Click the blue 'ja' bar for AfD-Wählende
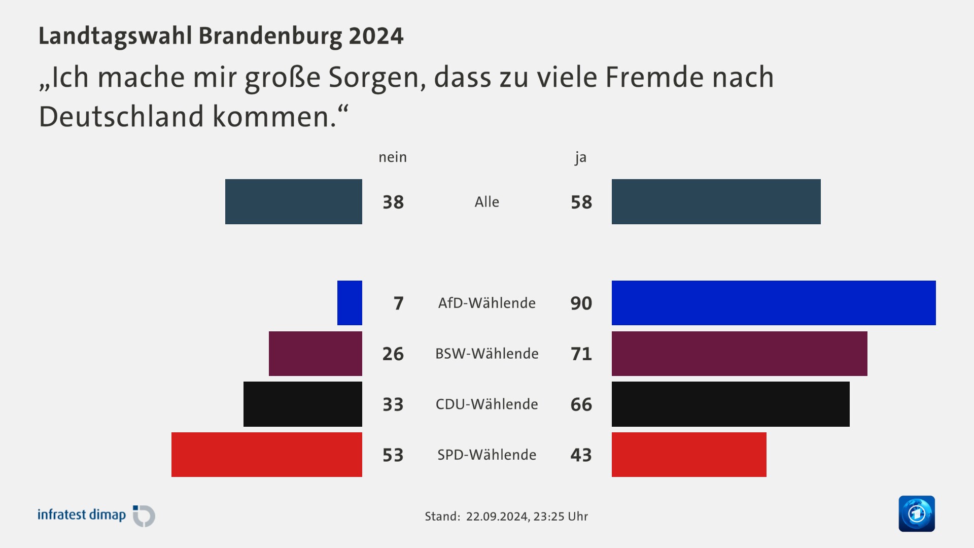[774, 303]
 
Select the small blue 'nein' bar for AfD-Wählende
[350, 303]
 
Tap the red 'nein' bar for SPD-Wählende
[267, 455]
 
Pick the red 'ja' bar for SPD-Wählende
[689, 455]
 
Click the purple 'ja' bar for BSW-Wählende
[739, 354]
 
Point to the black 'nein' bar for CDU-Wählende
[303, 404]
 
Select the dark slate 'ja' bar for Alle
[716, 201]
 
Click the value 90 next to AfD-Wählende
[581, 303]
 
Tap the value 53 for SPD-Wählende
[393, 455]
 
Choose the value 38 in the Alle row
[393, 202]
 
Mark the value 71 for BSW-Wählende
[581, 354]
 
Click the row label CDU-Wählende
[486, 404]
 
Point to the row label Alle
[486, 202]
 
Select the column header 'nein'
[393, 157]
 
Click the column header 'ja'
[580, 158]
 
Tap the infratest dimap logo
[96, 516]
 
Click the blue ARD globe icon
[916, 513]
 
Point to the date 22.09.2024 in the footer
[497, 517]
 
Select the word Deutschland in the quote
[122, 117]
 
